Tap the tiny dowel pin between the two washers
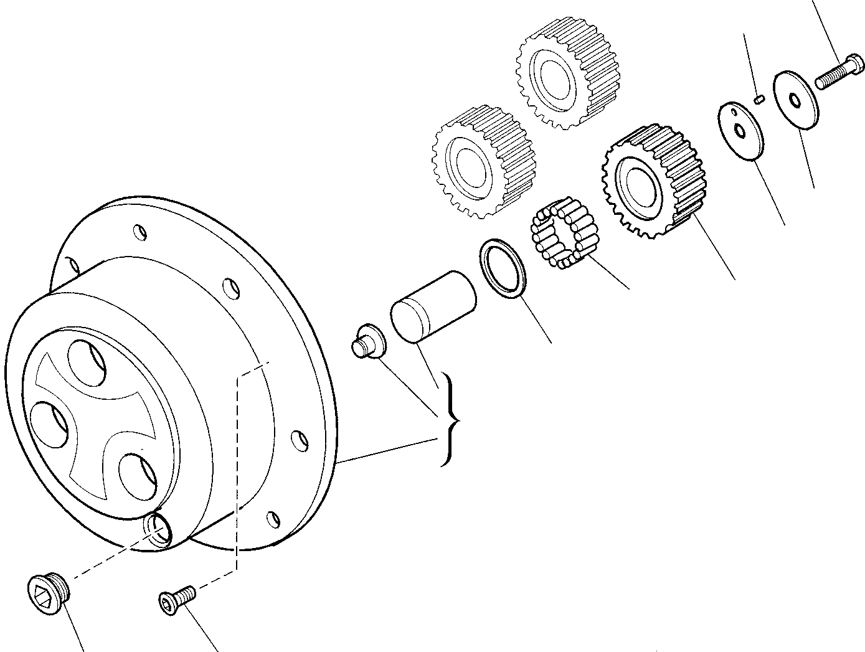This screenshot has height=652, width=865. (x=758, y=98)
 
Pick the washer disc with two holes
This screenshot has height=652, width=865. (x=740, y=131)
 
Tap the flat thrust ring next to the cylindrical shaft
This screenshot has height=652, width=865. (x=503, y=267)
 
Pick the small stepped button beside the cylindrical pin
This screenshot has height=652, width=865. (x=368, y=341)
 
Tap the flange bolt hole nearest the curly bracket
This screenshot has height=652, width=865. (x=300, y=440)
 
